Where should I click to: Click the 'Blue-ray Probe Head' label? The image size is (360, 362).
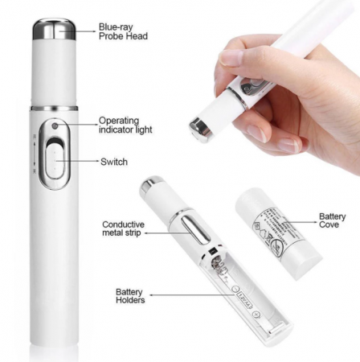pos(123,31)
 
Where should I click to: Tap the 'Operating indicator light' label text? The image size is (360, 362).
pos(127,125)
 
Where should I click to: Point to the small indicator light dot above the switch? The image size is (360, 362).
pos(55,125)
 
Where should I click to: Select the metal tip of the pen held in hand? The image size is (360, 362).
pos(197,125)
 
